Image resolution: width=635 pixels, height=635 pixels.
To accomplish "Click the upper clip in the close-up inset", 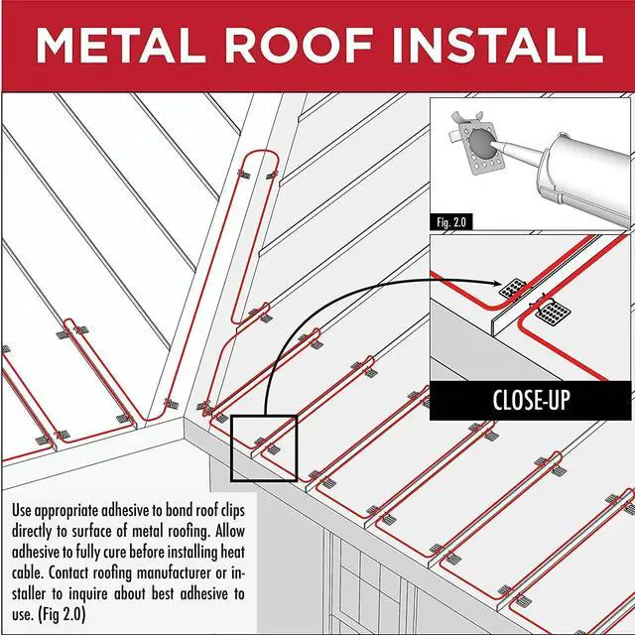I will [512, 290].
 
